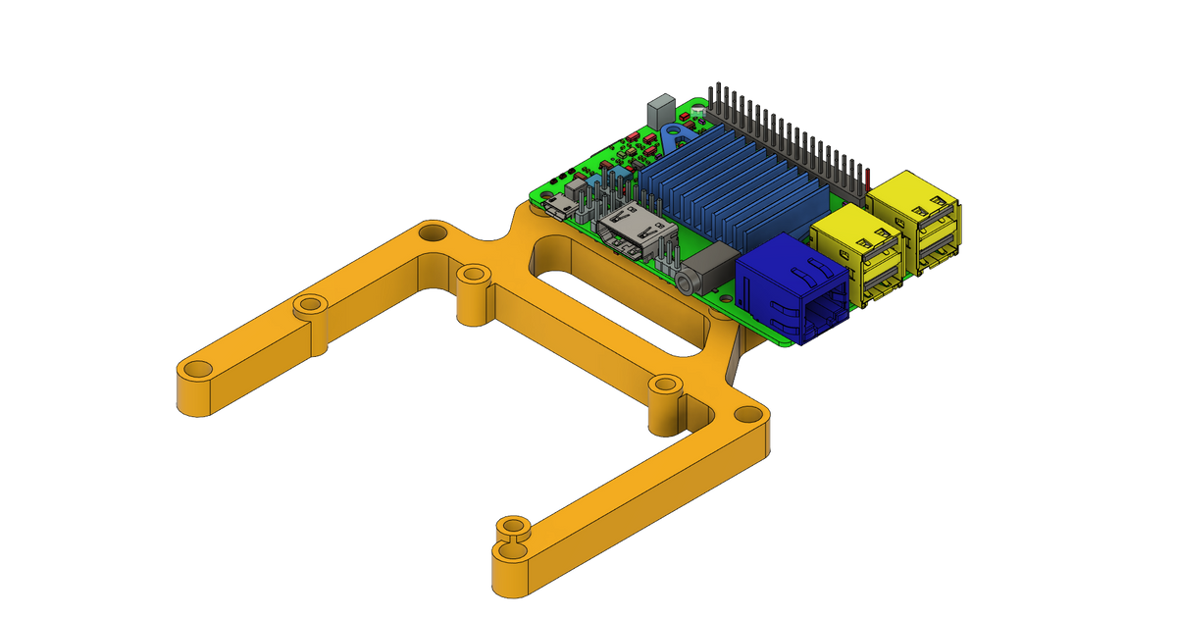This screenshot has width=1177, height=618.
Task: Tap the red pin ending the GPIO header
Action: pos(869,174)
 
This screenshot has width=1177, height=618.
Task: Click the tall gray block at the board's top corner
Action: pos(657,107)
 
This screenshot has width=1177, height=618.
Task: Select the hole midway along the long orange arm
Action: pos(310,304)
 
